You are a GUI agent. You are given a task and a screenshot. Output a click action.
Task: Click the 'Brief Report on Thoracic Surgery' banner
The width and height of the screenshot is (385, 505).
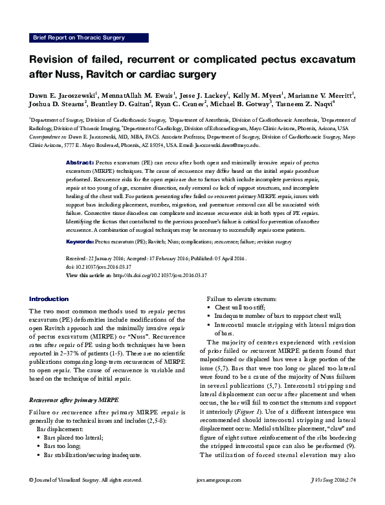point(78,38)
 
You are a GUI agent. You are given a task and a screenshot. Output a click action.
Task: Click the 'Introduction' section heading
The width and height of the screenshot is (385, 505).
point(49,298)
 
